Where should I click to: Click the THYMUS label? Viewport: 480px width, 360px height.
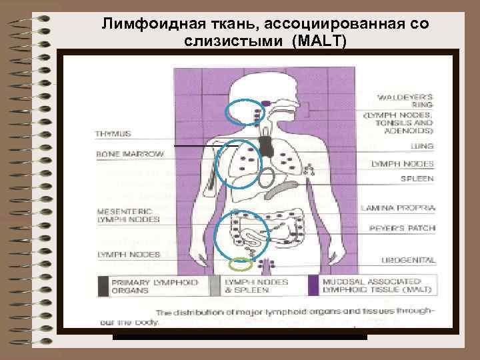click(113, 134)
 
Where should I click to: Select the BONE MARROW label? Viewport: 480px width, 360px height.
click(130, 154)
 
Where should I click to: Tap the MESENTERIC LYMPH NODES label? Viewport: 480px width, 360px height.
click(129, 215)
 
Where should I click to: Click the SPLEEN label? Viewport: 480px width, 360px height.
click(417, 179)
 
